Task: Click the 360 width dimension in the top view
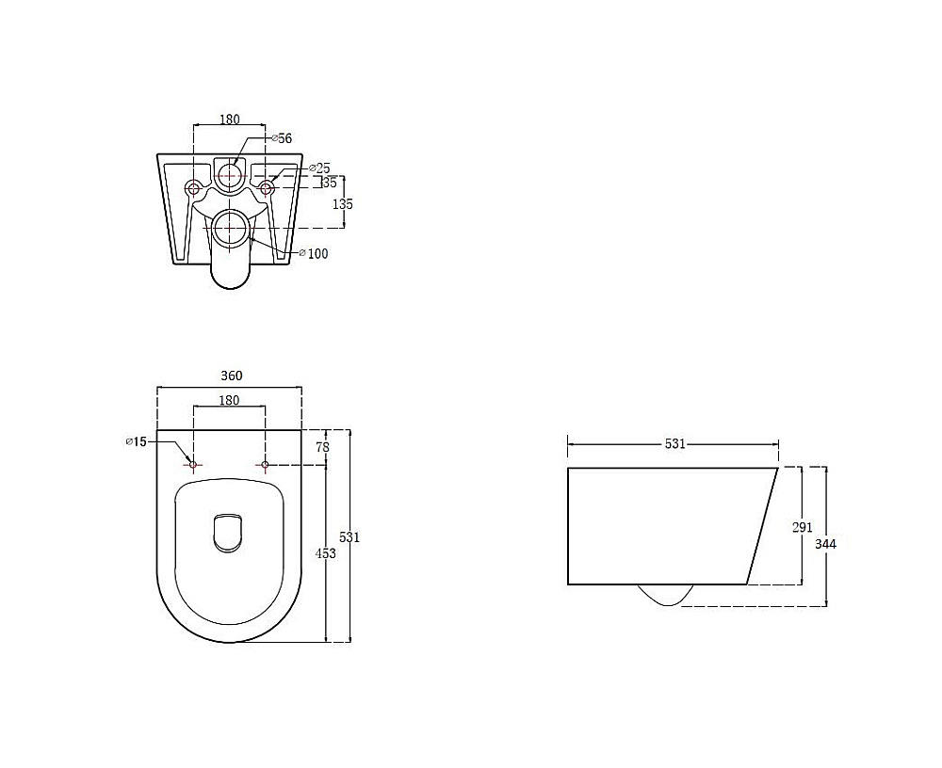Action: point(232,376)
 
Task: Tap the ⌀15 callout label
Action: point(137,442)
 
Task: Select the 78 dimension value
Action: point(322,447)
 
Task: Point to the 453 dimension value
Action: point(326,553)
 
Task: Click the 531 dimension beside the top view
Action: point(349,537)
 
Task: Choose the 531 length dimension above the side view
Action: point(675,443)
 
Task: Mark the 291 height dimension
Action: point(802,527)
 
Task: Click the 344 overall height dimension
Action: point(825,544)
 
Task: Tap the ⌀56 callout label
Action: point(282,138)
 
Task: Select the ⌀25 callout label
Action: point(319,168)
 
